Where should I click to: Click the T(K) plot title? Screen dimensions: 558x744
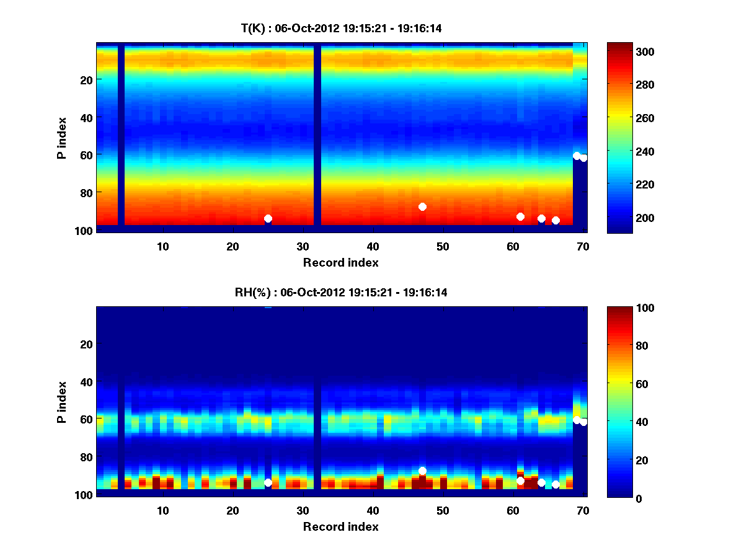click(340, 29)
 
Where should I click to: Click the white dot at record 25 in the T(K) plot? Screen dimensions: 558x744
click(268, 218)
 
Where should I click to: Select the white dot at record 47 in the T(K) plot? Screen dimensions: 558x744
click(422, 206)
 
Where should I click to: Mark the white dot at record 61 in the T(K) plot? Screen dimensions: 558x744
click(520, 216)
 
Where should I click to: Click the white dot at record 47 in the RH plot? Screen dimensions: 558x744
click(422, 471)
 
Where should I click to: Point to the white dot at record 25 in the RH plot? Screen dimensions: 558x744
click(268, 482)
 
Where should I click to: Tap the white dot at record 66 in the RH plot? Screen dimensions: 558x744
click(556, 484)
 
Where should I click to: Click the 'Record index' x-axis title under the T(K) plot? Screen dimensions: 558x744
click(340, 262)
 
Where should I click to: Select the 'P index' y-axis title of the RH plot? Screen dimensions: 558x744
click(61, 402)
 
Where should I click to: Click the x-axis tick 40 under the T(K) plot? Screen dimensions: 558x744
click(373, 246)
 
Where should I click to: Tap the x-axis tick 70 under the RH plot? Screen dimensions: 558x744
click(582, 510)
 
